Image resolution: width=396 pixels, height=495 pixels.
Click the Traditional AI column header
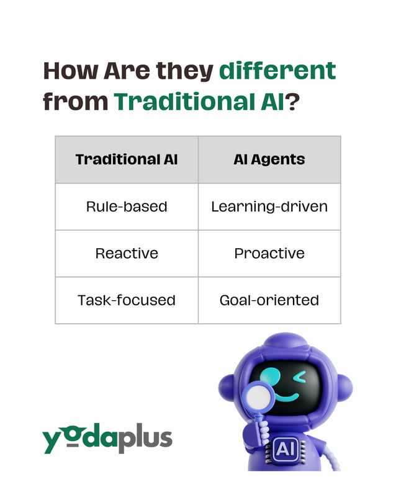[x=127, y=159]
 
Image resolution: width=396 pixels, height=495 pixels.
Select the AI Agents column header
[x=269, y=159]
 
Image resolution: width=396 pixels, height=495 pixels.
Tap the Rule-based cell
[x=127, y=207]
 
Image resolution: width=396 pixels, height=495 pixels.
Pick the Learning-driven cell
[x=269, y=207]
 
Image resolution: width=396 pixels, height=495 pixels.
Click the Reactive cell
[x=127, y=253]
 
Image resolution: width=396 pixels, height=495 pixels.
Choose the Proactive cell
[x=269, y=253]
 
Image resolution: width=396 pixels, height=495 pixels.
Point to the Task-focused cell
[x=127, y=300]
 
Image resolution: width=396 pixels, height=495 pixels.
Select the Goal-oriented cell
[x=269, y=300]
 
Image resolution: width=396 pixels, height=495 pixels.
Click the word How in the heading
[x=70, y=72]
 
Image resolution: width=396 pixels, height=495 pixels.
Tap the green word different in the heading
[x=277, y=72]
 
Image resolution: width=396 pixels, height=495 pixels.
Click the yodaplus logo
[x=107, y=438]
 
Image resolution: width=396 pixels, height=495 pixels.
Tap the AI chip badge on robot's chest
[x=284, y=448]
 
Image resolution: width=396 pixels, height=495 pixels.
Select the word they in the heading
[x=183, y=72]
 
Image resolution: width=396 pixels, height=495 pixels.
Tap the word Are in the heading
[x=127, y=72]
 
